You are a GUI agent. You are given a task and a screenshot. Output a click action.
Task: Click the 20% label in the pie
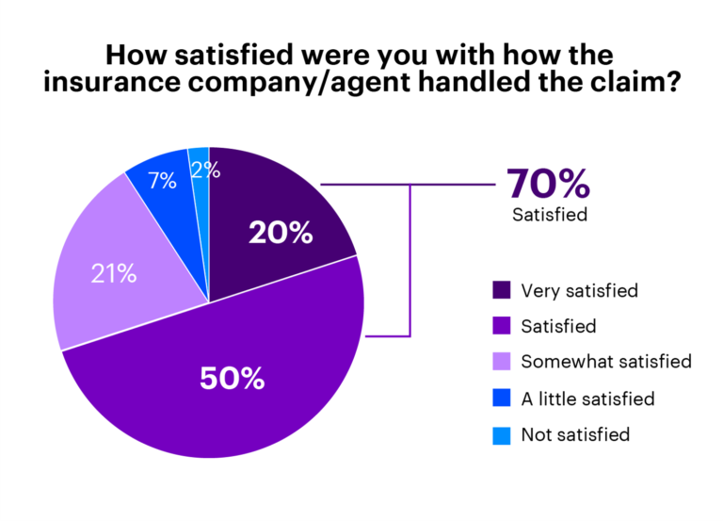pos(281,233)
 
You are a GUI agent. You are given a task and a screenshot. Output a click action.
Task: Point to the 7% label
pos(163,181)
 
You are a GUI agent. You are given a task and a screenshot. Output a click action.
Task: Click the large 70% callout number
pos(549,182)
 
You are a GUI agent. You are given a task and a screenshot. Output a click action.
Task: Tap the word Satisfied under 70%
pos(550,215)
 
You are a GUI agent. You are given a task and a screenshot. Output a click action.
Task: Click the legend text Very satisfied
pos(579,291)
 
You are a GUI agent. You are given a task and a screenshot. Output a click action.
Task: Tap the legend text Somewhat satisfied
pos(605,363)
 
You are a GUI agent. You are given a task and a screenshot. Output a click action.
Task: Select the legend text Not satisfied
pos(575,435)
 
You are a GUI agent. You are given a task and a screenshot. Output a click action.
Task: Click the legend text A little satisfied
pos(587,399)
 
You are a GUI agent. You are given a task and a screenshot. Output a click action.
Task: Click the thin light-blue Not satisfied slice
pos(200,188)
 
